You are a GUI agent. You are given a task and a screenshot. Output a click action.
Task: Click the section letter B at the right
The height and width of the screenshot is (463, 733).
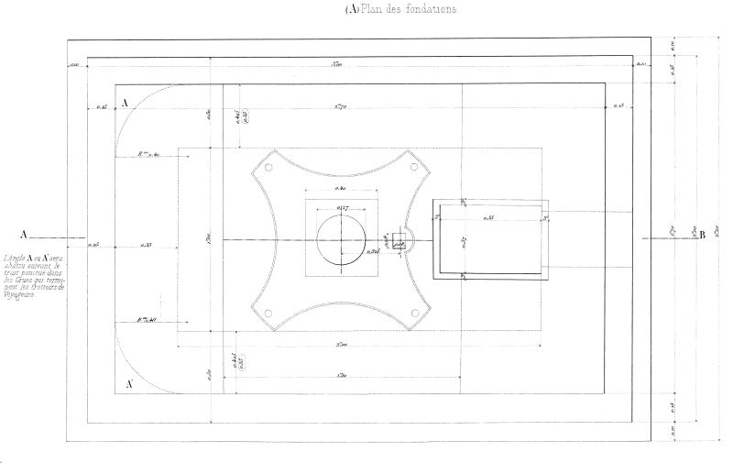click(702, 236)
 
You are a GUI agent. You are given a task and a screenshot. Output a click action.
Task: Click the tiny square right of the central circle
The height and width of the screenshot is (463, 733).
click(399, 241)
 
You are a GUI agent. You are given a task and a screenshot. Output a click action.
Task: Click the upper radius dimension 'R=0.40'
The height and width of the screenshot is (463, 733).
click(148, 155)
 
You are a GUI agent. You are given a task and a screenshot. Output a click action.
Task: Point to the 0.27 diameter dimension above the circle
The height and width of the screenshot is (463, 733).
click(343, 209)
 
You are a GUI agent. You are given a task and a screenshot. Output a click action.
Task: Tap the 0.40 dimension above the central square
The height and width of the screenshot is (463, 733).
click(341, 190)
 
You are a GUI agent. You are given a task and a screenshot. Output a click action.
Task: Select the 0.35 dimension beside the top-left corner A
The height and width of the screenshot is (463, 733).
click(102, 107)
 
